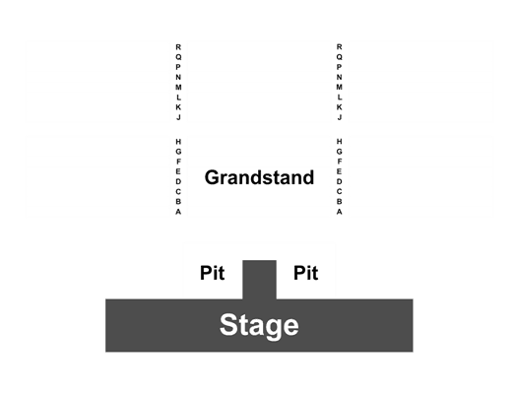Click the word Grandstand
click(259, 177)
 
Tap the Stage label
click(259, 325)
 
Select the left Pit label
click(213, 273)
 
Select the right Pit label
click(306, 273)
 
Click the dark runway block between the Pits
click(260, 280)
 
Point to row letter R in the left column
click(178, 47)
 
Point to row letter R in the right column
click(340, 47)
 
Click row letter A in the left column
click(178, 212)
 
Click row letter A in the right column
click(340, 212)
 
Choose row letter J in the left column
click(178, 117)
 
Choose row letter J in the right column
click(340, 117)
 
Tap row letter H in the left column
click(178, 142)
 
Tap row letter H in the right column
click(340, 142)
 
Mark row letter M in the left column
click(178, 88)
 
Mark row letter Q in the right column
click(340, 57)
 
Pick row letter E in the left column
click(178, 171)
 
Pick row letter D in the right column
click(340, 181)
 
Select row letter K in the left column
click(178, 107)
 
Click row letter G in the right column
click(340, 152)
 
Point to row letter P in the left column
click(178, 67)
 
